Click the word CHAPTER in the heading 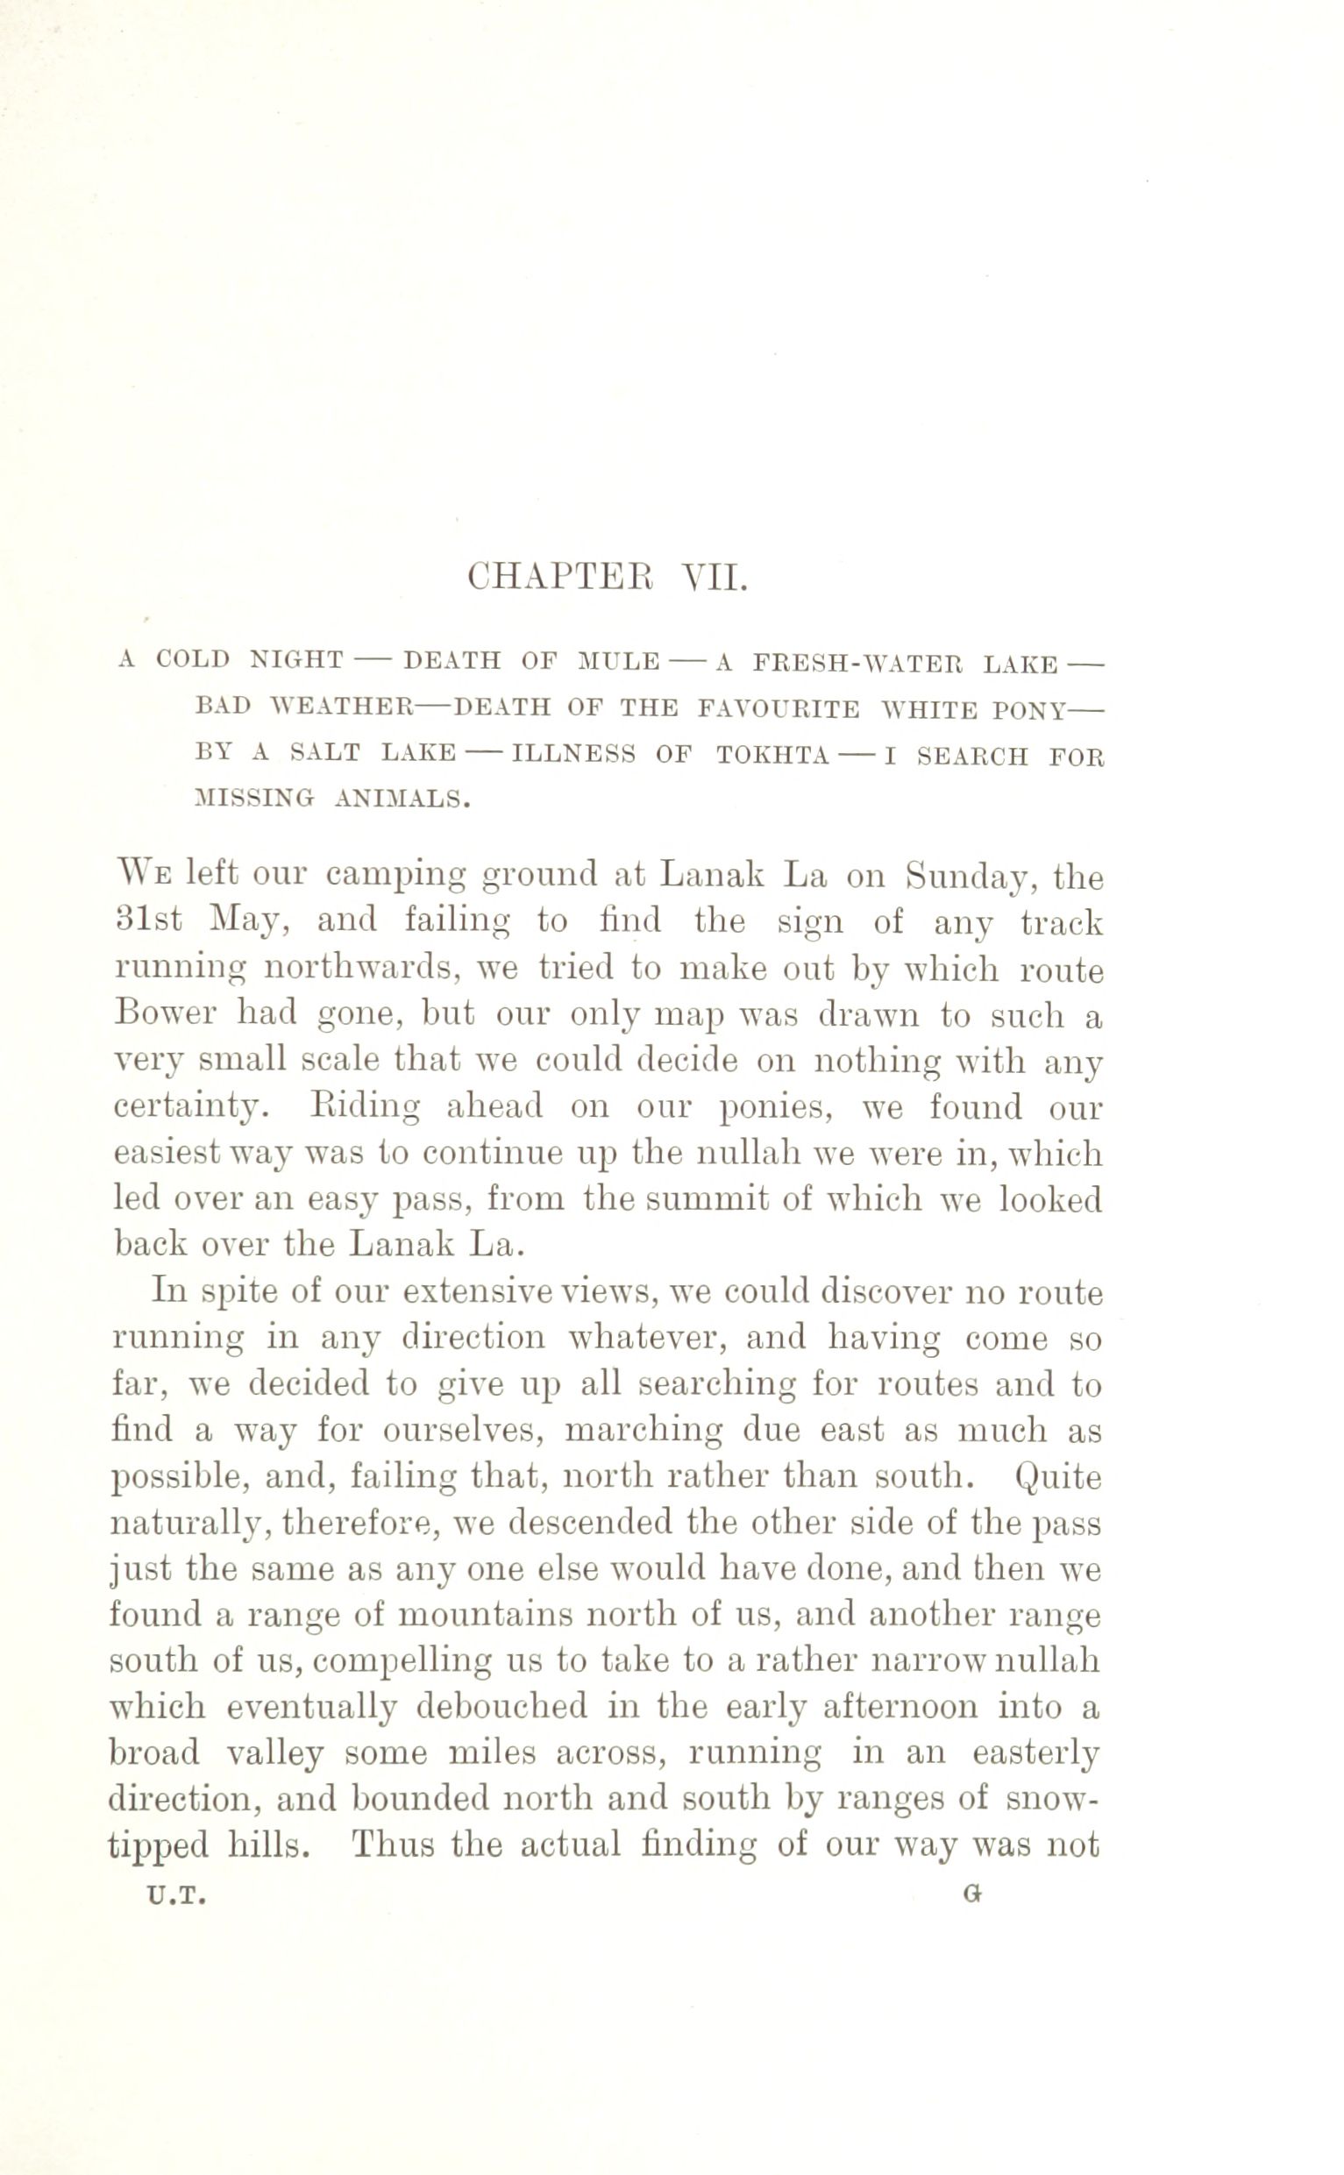[x=559, y=579]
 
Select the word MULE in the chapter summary [x=619, y=661]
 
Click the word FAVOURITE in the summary [x=778, y=708]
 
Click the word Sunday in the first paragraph [x=966, y=878]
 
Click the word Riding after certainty [x=366, y=1107]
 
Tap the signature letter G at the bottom [x=971, y=1895]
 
